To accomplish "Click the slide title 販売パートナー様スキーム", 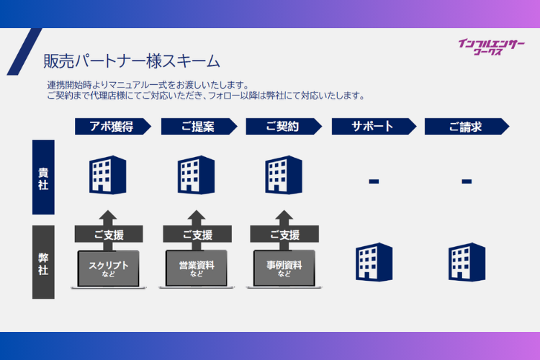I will (131, 60).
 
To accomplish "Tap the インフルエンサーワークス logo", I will (492, 48).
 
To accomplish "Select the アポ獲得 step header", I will (112, 126).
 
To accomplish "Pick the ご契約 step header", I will (282, 126).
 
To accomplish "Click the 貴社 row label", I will (43, 177).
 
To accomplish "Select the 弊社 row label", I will (43, 262).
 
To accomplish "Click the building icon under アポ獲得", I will (108, 175).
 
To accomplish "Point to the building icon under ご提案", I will (197, 175).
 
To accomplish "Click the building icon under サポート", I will (374, 261).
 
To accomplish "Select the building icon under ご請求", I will (466, 261).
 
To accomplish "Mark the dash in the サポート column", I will (374, 181).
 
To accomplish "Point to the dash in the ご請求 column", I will (467, 181).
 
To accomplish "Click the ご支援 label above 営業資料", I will (197, 235).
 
